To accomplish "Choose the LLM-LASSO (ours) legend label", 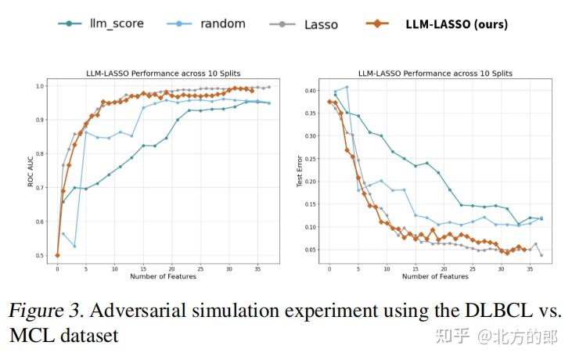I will click(x=455, y=23).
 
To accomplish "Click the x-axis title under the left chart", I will click(x=163, y=275).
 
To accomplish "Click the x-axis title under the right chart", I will click(x=435, y=275).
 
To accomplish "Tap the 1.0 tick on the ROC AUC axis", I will click(x=39, y=86).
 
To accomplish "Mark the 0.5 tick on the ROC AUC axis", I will click(x=39, y=256).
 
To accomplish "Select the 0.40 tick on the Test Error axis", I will click(x=311, y=91).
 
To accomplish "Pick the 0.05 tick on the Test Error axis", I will click(x=311, y=250).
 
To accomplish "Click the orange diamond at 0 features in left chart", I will click(x=57, y=255).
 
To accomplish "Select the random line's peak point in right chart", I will click(x=347, y=87).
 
